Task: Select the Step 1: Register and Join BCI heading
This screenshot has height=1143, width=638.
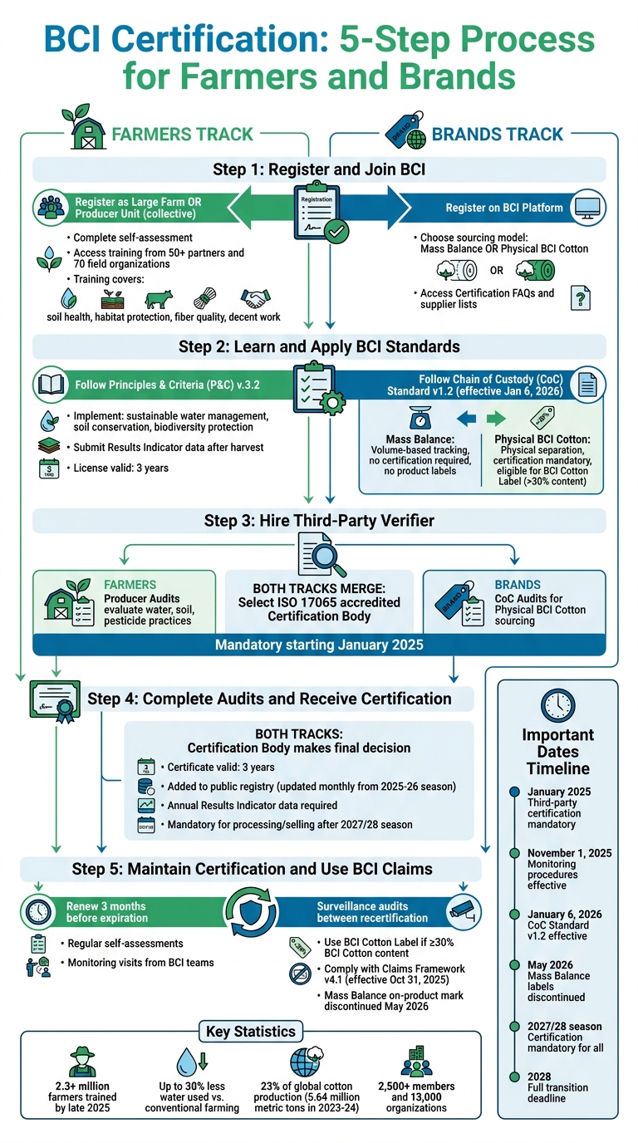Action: pos(319,169)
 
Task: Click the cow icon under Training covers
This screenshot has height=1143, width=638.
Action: pos(158,299)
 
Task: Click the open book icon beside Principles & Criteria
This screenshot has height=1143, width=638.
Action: pos(50,385)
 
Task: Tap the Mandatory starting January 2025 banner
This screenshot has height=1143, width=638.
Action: pos(319,645)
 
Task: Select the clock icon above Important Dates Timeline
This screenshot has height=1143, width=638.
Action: pos(557,704)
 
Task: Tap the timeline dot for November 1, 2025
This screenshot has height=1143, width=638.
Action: pos(513,853)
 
